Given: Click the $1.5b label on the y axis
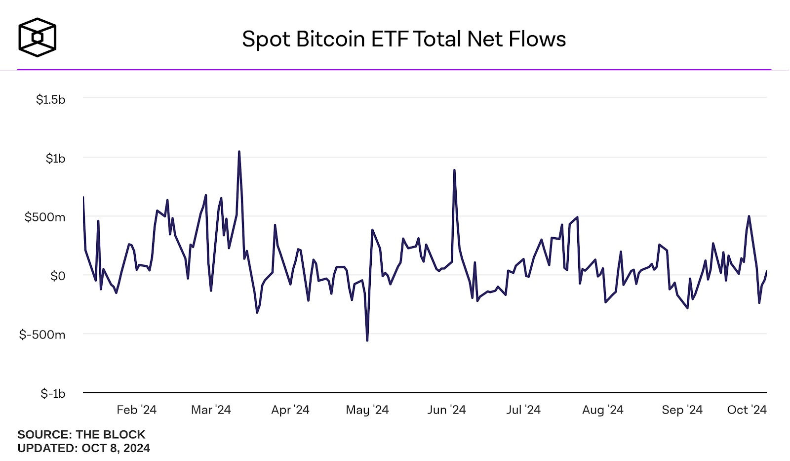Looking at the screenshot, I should [x=50, y=99].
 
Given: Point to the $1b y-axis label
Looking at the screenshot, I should [x=55, y=158].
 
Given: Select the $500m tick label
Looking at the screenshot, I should [x=45, y=217].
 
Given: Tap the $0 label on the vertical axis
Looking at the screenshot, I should [x=58, y=276].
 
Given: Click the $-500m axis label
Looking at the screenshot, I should [x=42, y=335].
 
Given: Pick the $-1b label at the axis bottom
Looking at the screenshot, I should [x=53, y=393].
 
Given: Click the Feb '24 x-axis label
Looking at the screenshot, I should [x=136, y=410].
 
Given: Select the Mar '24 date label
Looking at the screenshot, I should [x=211, y=410].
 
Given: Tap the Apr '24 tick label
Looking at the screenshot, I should [x=290, y=410].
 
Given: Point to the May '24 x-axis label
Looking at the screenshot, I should [x=367, y=410].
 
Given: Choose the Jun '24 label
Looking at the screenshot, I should [x=446, y=410].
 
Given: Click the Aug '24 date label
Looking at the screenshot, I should [x=602, y=410].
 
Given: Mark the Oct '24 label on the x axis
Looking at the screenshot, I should [x=747, y=410].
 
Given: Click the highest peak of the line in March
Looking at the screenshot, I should [x=239, y=152].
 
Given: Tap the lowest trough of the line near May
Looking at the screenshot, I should [x=367, y=340].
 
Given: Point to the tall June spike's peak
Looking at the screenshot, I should [x=454, y=170].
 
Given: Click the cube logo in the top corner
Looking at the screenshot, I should [x=38, y=38].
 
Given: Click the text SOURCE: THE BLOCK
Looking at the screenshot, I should [x=81, y=434].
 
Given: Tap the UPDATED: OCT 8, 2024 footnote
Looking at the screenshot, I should [x=83, y=448].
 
